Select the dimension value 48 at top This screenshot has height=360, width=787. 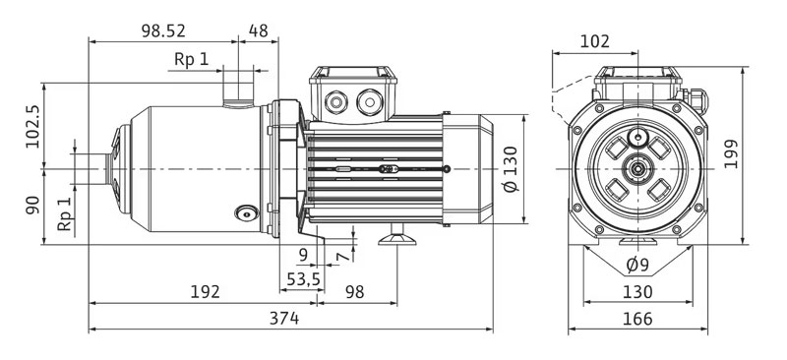click(x=258, y=30)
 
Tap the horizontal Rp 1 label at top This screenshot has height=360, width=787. click(x=192, y=59)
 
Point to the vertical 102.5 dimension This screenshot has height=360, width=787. click(x=31, y=126)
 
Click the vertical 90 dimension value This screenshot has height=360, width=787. click(x=31, y=205)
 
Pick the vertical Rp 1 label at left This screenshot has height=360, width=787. click(x=65, y=214)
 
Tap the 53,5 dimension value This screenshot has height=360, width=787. click(x=303, y=279)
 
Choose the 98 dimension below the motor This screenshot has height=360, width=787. click(x=355, y=292)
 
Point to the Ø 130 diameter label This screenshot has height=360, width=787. click(x=509, y=171)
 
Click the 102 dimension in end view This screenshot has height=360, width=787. click(x=595, y=41)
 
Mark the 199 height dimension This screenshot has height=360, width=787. click(x=757, y=154)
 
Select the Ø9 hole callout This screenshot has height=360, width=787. click(x=637, y=264)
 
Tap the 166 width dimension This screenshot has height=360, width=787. click(x=637, y=319)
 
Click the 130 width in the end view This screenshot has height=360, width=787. click(x=637, y=292)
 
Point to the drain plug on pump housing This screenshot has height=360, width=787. click(x=244, y=212)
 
